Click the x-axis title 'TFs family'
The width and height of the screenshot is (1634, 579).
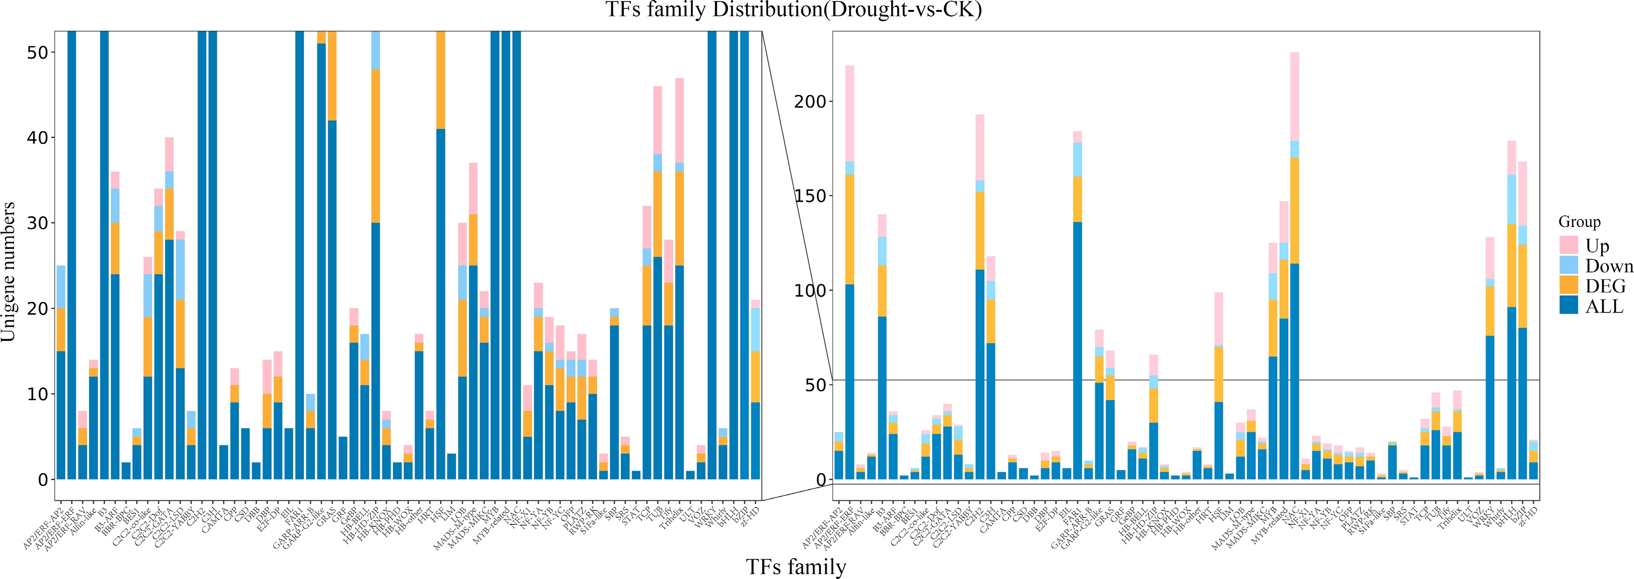[795, 566]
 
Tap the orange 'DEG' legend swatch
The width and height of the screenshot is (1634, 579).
[1569, 285]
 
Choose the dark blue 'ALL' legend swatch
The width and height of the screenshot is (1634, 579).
[1569, 305]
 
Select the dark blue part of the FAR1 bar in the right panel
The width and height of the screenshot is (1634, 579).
[1078, 349]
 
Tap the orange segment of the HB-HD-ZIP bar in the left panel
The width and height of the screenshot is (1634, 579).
[375, 146]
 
